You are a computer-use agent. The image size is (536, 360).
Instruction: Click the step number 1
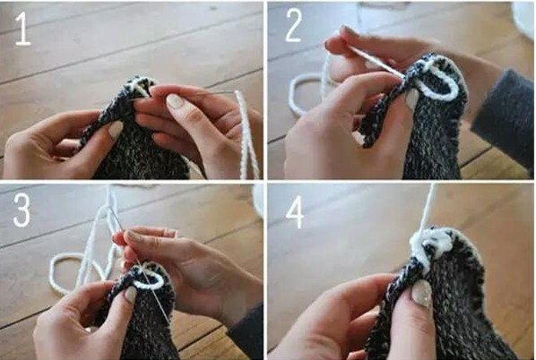click(x=23, y=29)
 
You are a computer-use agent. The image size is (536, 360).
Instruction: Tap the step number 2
click(x=294, y=26)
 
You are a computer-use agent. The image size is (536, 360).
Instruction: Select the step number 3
click(x=22, y=211)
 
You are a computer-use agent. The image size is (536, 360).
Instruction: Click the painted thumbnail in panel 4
click(x=421, y=294)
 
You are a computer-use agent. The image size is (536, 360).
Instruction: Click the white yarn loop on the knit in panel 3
click(x=148, y=280)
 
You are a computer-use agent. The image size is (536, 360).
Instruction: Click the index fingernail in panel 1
click(x=176, y=101)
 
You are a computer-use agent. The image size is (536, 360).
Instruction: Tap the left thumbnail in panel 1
click(x=116, y=129)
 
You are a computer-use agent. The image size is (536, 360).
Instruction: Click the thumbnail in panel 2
click(x=411, y=99)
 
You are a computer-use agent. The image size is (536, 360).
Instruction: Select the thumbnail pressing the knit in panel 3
click(x=131, y=294)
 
